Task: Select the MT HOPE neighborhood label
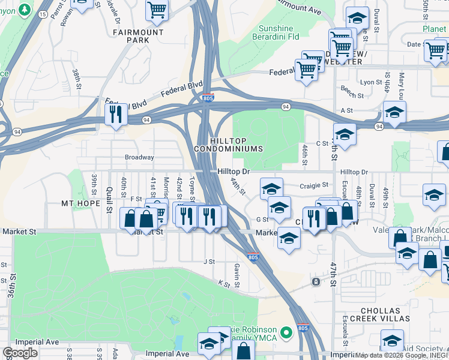click(x=80, y=203)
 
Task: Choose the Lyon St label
click(x=371, y=82)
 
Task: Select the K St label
click(x=224, y=283)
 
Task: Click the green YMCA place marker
click(x=287, y=332)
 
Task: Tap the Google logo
click(x=20, y=353)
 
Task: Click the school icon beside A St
click(x=394, y=112)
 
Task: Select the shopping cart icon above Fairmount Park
click(x=157, y=10)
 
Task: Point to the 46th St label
click(x=305, y=155)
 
